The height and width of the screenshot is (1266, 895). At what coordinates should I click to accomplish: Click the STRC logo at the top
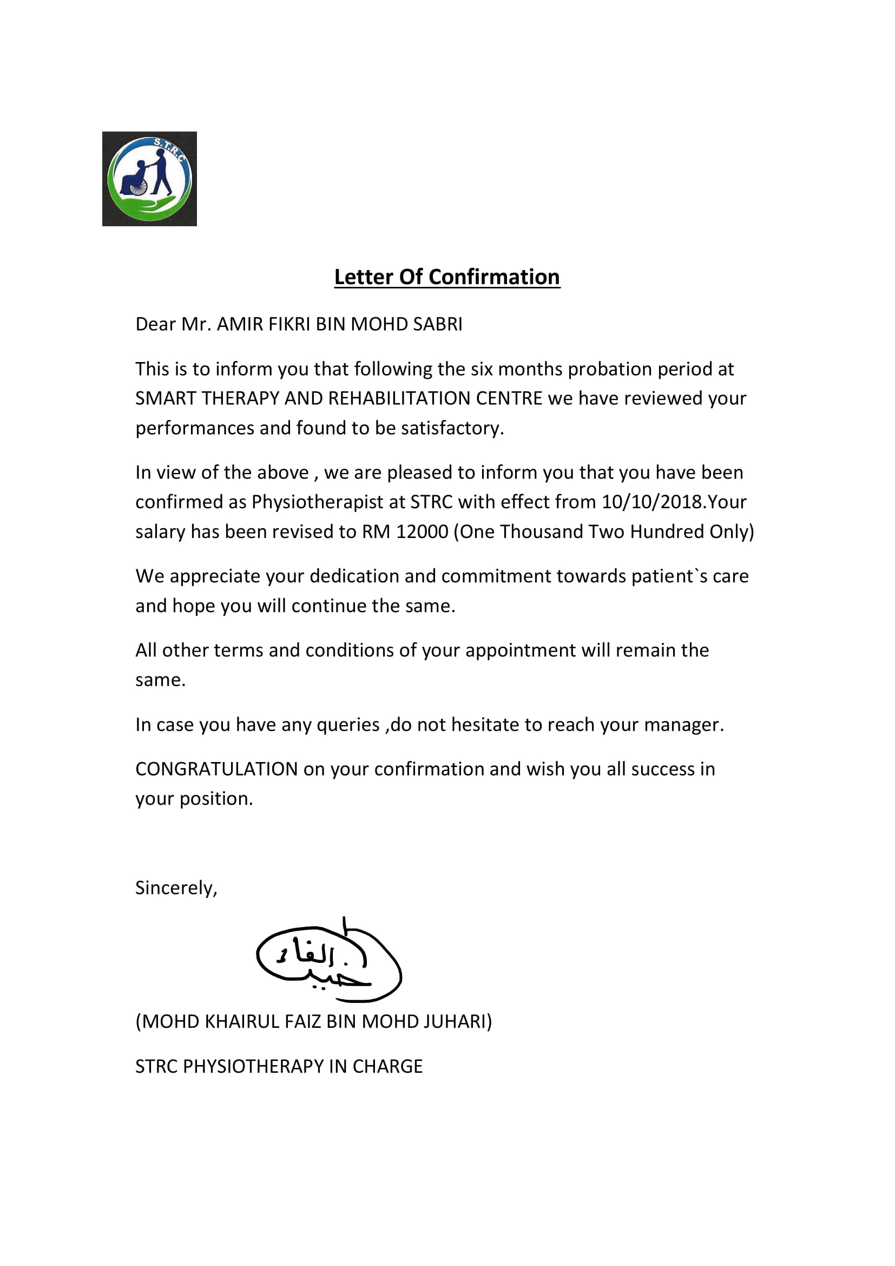pyautogui.click(x=149, y=179)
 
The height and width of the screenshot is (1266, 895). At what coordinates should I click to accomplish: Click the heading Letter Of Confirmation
pyautogui.click(x=447, y=277)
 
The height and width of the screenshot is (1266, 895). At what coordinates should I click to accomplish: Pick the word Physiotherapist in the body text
pyautogui.click(x=317, y=502)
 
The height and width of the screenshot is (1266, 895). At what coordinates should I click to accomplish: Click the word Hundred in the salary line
pyautogui.click(x=667, y=532)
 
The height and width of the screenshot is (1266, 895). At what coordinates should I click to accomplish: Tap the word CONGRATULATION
pyautogui.click(x=216, y=769)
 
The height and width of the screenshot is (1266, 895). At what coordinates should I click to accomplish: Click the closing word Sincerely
pyautogui.click(x=176, y=888)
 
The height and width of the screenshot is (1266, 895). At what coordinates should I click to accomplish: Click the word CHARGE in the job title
pyautogui.click(x=387, y=1066)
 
